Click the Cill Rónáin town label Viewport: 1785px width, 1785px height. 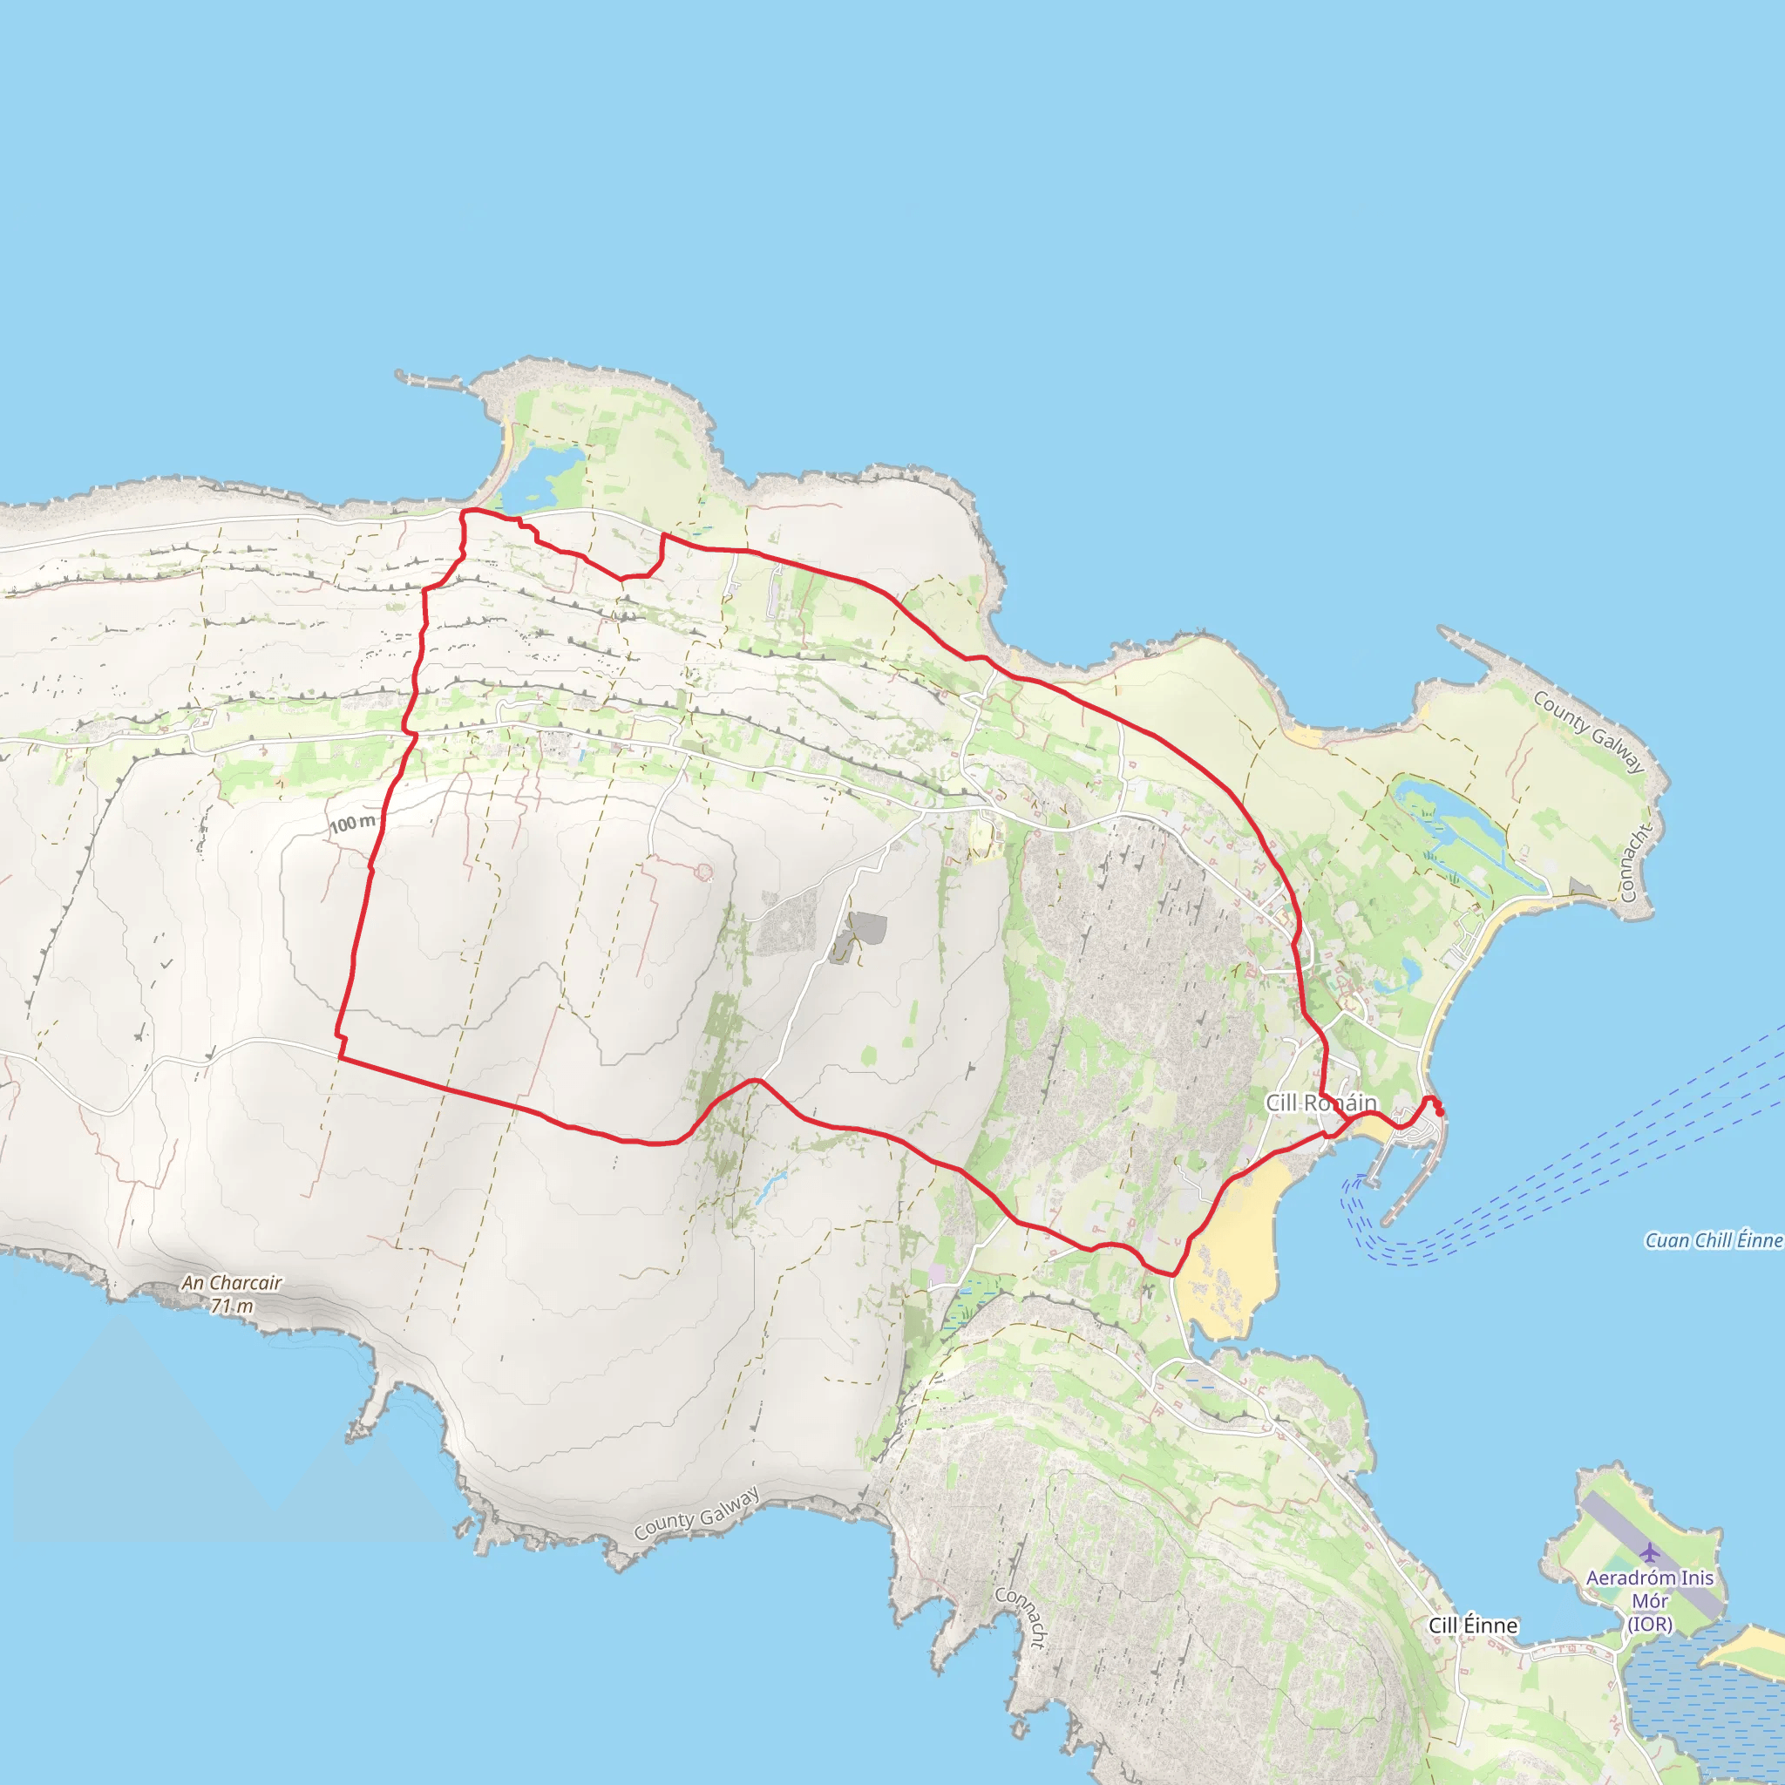click(x=1320, y=1103)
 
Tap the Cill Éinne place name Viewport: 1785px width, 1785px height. click(x=1473, y=1626)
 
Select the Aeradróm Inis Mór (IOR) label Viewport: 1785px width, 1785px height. click(x=1649, y=1600)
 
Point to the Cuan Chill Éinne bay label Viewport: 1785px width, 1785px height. click(x=1713, y=1240)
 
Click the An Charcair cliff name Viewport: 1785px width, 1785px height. click(x=231, y=1282)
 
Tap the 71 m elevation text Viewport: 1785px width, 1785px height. click(x=231, y=1307)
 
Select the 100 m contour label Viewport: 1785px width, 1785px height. click(x=352, y=823)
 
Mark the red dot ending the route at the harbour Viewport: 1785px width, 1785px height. click(x=1440, y=1111)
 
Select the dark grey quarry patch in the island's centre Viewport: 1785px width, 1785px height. click(x=866, y=928)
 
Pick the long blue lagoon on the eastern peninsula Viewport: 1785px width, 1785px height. click(x=1450, y=821)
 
